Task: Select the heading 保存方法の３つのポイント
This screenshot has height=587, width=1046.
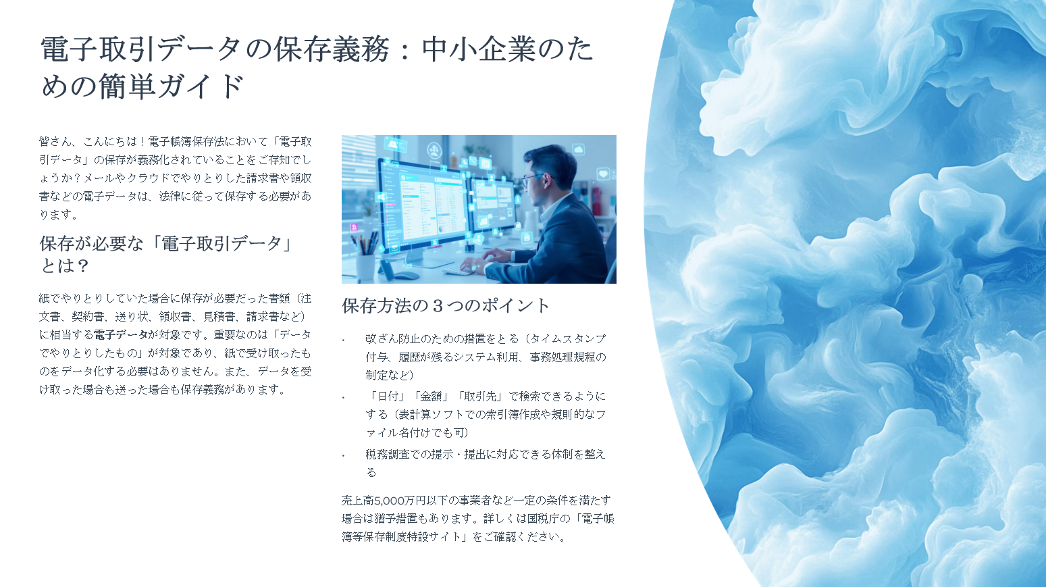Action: click(446, 305)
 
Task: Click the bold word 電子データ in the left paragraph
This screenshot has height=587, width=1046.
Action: click(120, 335)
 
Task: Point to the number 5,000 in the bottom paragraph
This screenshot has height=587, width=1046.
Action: click(389, 501)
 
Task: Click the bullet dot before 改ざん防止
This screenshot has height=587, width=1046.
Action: click(344, 340)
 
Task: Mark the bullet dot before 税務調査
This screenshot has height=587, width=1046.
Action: click(344, 455)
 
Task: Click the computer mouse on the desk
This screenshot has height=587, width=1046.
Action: click(407, 275)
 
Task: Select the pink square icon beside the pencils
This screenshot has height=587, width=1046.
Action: click(355, 227)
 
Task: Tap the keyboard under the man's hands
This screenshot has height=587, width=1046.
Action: click(460, 270)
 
